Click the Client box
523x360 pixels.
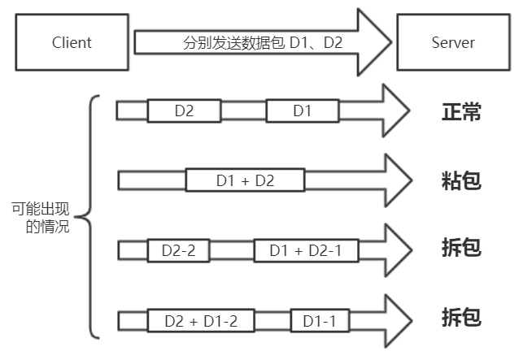click(72, 41)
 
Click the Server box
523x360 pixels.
click(451, 41)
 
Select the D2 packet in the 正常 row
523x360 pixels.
click(185, 111)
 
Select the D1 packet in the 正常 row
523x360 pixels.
click(302, 111)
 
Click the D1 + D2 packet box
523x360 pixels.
click(245, 180)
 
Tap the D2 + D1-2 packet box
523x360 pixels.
click(201, 320)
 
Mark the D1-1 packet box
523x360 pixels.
click(320, 320)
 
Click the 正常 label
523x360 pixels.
click(461, 111)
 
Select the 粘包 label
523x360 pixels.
click(461, 180)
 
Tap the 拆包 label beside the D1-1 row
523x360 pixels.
click(461, 318)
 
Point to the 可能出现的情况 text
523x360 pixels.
click(41, 218)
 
